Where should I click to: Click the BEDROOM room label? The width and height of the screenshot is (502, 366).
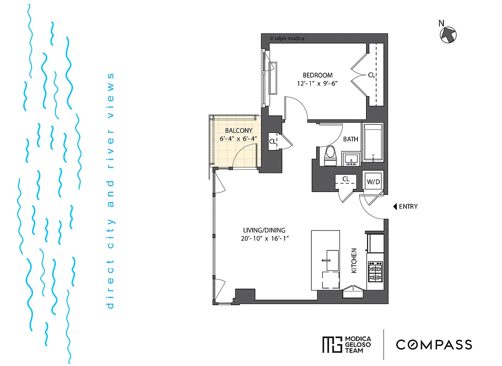coord(318,75)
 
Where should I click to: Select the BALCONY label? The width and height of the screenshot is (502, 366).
coord(238,130)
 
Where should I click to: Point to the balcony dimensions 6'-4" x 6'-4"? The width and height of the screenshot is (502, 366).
coord(238,139)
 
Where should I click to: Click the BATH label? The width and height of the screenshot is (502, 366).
coord(351,139)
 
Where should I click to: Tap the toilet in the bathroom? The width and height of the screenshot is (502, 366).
coord(329,156)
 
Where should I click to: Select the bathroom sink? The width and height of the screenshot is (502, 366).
coord(351,159)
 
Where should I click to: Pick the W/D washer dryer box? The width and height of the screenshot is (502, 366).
coord(373,182)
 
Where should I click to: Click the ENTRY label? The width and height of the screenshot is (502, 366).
coord(408,206)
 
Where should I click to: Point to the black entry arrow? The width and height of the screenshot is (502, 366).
coord(395,206)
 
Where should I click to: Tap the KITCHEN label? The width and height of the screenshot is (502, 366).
coord(354,261)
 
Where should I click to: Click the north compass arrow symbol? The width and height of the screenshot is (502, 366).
coord(448,34)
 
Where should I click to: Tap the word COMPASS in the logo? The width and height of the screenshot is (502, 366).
coord(434,344)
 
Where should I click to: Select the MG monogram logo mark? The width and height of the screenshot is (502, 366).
coord(332,344)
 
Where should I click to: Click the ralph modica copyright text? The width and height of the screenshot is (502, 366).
coord(287,39)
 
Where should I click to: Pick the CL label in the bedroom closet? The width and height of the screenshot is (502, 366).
coord(372,75)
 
